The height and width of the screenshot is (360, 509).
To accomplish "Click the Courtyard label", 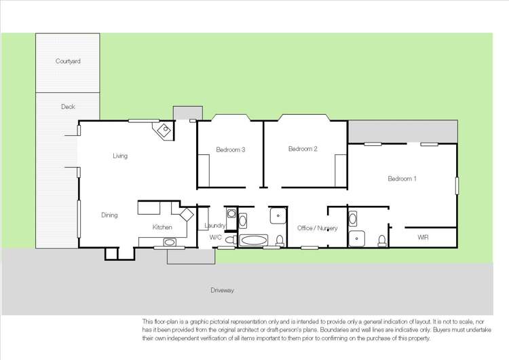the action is tap(68, 61).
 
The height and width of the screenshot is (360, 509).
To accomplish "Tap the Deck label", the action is tap(68, 107).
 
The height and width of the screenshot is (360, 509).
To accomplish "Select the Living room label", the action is tap(120, 156).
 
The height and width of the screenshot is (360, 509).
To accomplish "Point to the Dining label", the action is tap(109, 215).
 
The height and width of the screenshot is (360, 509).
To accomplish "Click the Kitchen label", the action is tap(162, 227).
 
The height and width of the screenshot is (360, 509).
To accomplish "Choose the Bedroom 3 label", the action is tap(231, 150).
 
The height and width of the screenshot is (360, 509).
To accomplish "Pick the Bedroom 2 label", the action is tap(303, 149).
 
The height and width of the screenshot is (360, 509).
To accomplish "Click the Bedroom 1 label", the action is tap(402, 179).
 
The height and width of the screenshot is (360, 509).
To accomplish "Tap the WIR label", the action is tap(423, 238).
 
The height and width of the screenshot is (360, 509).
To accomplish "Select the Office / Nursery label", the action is tap(318, 228).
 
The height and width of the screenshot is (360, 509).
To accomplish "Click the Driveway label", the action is tap(222, 291).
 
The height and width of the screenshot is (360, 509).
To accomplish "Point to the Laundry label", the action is tap(215, 226).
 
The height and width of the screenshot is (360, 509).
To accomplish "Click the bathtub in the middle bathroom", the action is tap(254, 240).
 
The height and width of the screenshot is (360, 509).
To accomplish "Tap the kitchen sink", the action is tap(170, 242).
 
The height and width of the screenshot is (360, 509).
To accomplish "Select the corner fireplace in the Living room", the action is tap(163, 130).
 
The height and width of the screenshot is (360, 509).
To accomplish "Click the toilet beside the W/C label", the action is tap(231, 240).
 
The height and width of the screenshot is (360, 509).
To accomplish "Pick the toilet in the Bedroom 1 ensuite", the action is tap(382, 240).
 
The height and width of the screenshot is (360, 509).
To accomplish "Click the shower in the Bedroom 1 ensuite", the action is tap(356, 238).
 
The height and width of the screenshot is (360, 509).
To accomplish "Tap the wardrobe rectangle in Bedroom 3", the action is tap(204, 171).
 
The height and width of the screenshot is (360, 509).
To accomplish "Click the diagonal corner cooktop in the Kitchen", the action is tap(187, 215).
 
